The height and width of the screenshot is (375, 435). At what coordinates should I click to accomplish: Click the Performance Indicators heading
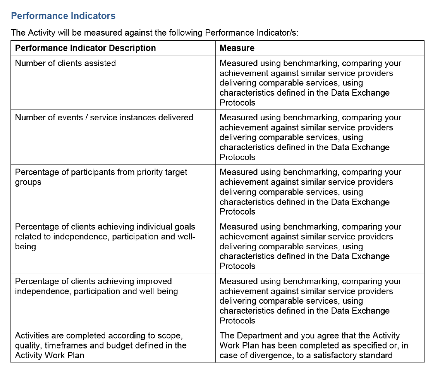(x=63, y=16)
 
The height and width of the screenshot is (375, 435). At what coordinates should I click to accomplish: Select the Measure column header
(x=237, y=48)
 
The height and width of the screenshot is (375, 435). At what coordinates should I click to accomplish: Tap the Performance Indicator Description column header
(x=85, y=48)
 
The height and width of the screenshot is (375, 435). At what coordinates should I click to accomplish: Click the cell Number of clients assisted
(x=65, y=64)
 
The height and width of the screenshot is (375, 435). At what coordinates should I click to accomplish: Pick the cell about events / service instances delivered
(x=104, y=118)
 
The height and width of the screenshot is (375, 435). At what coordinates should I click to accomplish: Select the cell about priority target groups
(x=101, y=177)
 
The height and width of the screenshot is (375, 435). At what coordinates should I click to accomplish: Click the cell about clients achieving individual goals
(x=105, y=236)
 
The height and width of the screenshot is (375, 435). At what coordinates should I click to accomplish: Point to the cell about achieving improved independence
(x=96, y=286)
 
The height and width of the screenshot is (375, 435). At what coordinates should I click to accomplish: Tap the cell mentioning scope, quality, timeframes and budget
(x=100, y=345)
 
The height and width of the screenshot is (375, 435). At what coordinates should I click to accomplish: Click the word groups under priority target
(x=28, y=182)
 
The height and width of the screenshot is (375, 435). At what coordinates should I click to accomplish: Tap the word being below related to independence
(x=25, y=247)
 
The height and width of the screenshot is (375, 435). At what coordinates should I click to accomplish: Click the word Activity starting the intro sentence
(x=41, y=33)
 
